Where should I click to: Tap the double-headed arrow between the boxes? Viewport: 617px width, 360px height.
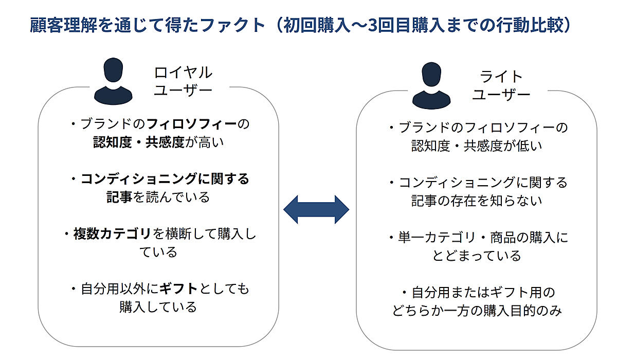tap(316, 209)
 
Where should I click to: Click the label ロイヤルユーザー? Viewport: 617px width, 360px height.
tap(183, 81)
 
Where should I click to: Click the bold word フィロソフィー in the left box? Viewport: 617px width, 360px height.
tap(192, 124)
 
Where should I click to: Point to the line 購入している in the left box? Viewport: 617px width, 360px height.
tap(158, 307)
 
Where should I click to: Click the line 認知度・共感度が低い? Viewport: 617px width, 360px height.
tap(477, 146)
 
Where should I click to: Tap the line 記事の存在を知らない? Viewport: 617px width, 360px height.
tap(477, 200)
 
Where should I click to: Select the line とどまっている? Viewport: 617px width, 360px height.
tap(477, 256)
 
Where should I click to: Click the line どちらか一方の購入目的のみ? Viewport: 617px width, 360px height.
tap(477, 311)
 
